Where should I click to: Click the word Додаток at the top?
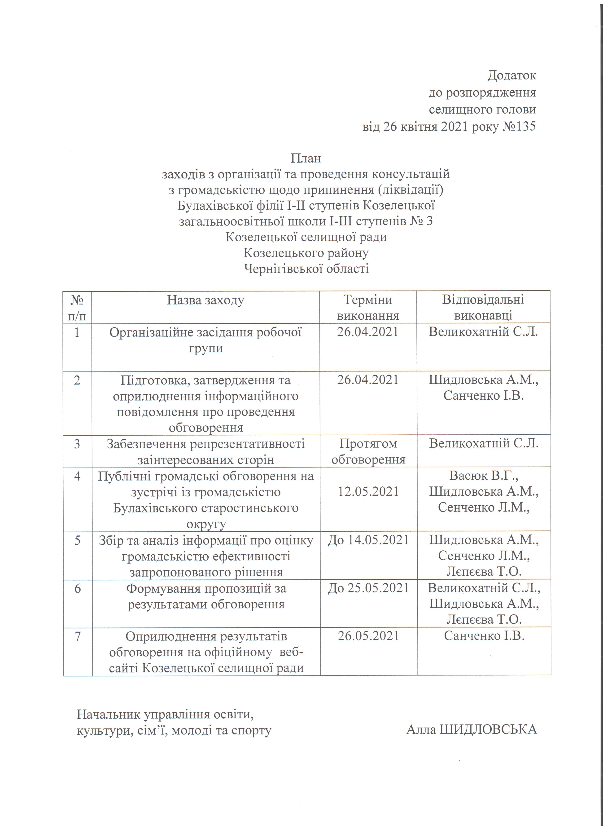tap(511, 75)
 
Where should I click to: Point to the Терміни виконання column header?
tap(368, 307)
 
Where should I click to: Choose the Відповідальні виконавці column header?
tap(483, 307)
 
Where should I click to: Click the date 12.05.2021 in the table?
tap(368, 491)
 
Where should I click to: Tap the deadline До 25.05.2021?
tap(368, 588)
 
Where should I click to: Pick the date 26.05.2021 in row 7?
tap(368, 636)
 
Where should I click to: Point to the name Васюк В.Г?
tap(483, 476)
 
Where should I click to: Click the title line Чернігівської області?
tap(306, 269)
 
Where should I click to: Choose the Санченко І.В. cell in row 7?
tap(484, 636)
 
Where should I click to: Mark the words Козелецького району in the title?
tap(306, 253)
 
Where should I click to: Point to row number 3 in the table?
tap(77, 444)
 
